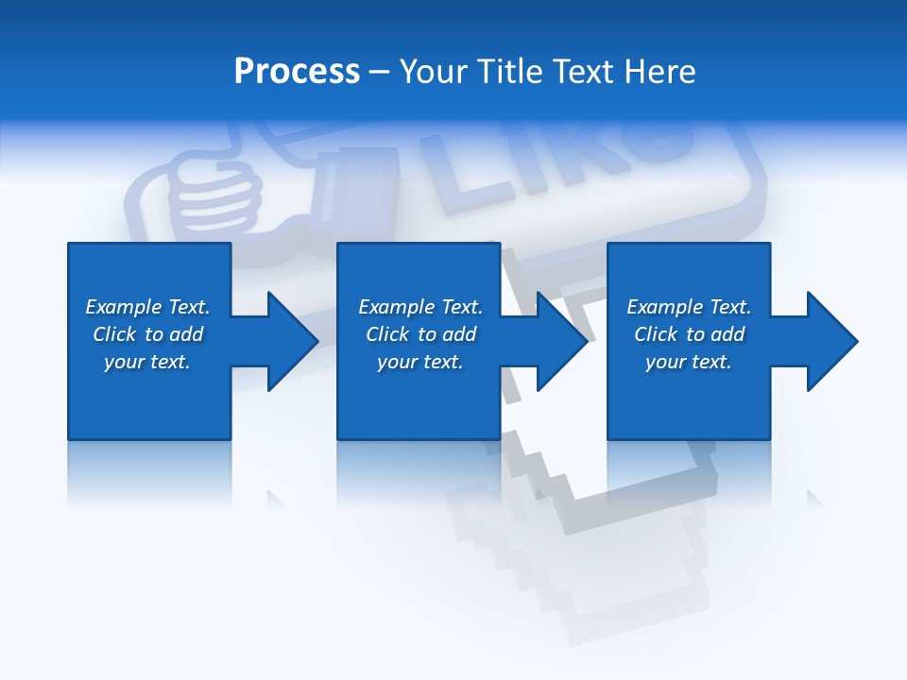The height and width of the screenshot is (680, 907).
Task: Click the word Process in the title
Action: pyautogui.click(x=297, y=72)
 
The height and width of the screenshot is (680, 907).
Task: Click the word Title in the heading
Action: pyautogui.click(x=508, y=72)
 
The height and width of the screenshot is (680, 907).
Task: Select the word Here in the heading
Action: pyautogui.click(x=660, y=72)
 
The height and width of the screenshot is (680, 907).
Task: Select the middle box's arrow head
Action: pyautogui.click(x=561, y=341)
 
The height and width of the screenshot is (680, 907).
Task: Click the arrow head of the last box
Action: pyautogui.click(x=831, y=341)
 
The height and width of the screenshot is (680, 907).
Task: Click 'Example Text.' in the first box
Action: pyautogui.click(x=147, y=307)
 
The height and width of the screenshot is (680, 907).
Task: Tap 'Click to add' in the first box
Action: pyautogui.click(x=147, y=334)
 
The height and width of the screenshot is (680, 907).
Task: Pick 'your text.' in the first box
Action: pyautogui.click(x=147, y=362)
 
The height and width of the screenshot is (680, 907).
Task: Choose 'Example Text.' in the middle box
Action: pyautogui.click(x=420, y=307)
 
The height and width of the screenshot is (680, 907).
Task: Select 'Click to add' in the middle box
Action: pyautogui.click(x=420, y=334)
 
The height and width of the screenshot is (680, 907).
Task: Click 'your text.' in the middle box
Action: pyautogui.click(x=420, y=362)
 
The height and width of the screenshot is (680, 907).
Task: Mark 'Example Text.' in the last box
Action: pyautogui.click(x=689, y=307)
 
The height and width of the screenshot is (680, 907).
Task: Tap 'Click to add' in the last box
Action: pyautogui.click(x=689, y=334)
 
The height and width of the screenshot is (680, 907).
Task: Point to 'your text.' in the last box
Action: pyautogui.click(x=689, y=362)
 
